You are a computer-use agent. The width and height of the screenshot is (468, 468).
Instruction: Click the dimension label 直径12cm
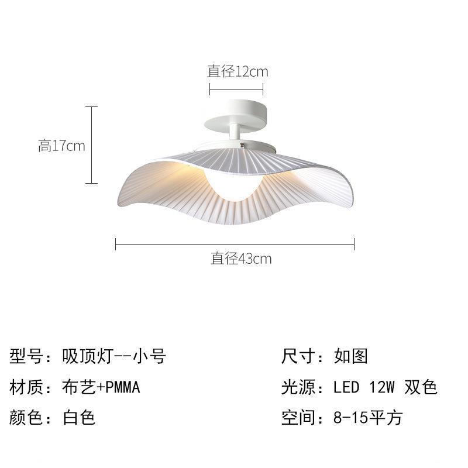(x=238, y=71)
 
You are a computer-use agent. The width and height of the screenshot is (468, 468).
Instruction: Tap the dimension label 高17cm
(x=61, y=146)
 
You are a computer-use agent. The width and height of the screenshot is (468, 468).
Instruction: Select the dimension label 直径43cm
(x=241, y=258)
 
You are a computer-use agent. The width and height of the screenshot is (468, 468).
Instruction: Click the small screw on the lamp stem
(x=240, y=144)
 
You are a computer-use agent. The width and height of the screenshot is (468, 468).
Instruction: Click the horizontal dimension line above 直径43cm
(x=235, y=243)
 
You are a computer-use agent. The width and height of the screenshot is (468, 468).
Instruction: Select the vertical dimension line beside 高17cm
(x=91, y=146)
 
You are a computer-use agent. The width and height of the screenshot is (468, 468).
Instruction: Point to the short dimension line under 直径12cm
(x=236, y=90)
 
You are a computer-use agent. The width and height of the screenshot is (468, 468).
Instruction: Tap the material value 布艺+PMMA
(x=101, y=387)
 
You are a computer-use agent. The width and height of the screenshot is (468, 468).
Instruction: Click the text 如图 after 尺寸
(x=351, y=356)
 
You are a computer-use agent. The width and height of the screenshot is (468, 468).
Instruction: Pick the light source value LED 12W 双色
(x=385, y=387)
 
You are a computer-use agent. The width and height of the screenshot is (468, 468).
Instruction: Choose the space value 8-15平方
(x=367, y=418)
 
